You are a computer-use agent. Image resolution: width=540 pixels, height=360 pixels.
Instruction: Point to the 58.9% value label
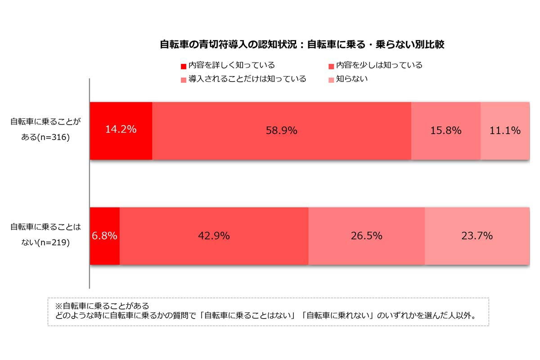(282, 130)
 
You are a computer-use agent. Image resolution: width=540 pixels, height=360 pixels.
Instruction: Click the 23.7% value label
(477, 235)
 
